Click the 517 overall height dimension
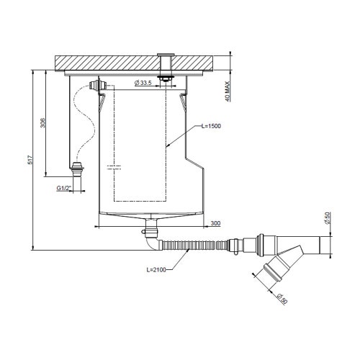tap(30, 161)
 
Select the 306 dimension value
tap(42, 124)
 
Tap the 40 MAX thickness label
tap(228, 87)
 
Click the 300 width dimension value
tap(216, 223)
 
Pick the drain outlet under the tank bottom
tap(150, 231)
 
